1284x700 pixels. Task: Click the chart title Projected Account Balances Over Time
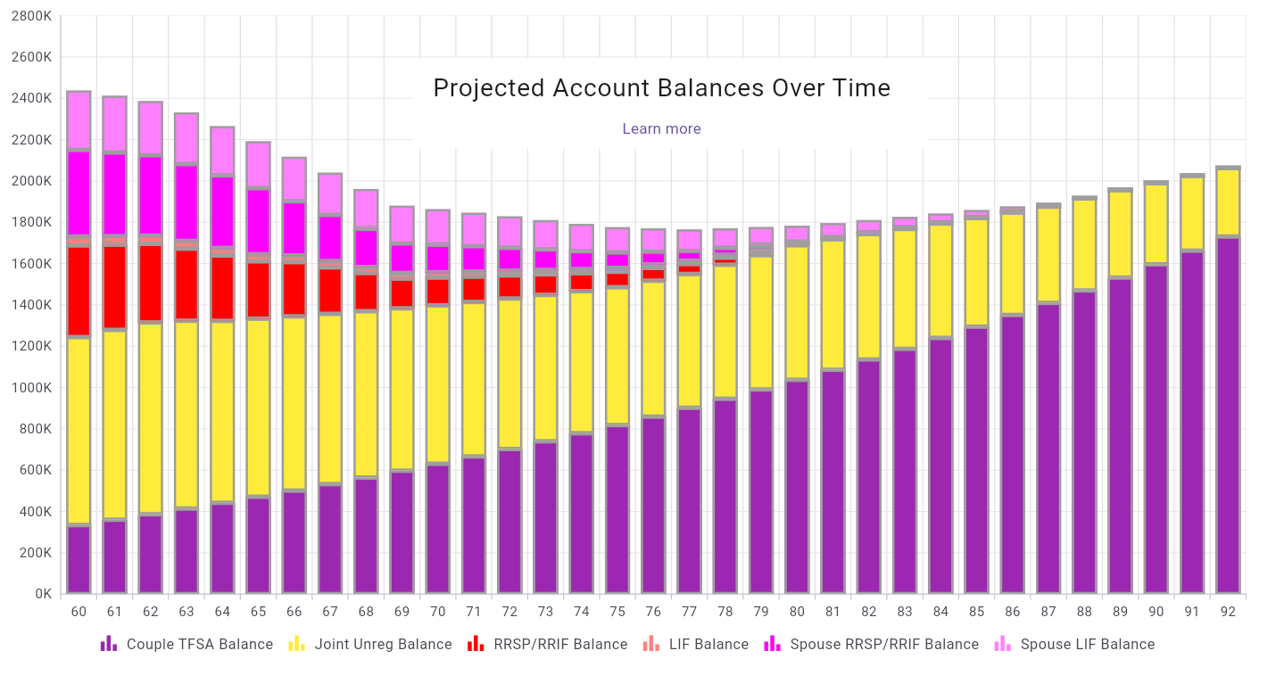point(661,88)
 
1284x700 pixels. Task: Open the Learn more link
point(661,129)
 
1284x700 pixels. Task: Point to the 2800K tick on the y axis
point(32,16)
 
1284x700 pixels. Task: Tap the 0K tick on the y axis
point(43,594)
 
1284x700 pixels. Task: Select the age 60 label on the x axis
point(79,612)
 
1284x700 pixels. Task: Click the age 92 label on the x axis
point(1228,612)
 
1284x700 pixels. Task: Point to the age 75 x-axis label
point(617,612)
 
